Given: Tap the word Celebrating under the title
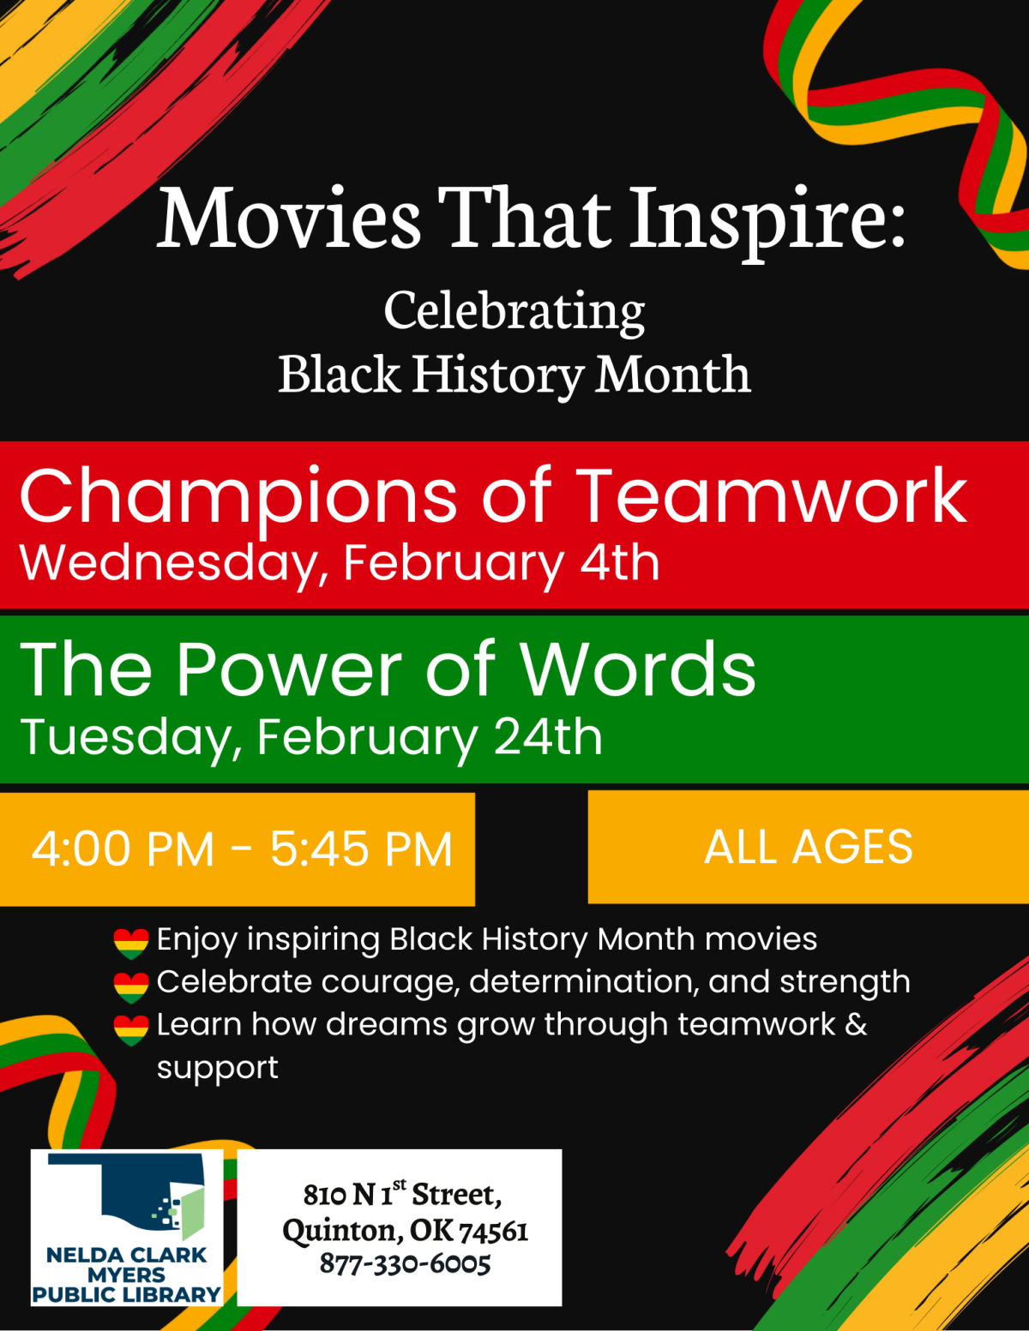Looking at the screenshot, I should (514, 310).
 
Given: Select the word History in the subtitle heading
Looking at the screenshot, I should (497, 375).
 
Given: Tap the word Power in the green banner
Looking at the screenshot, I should (289, 669).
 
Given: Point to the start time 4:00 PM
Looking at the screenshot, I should (123, 849).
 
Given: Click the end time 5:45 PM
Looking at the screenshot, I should (361, 849).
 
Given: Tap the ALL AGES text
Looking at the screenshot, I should (808, 847).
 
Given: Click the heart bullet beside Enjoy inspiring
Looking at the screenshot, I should (131, 943).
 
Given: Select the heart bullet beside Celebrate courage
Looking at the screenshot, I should (131, 986).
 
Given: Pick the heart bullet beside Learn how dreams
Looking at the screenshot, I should (131, 1029).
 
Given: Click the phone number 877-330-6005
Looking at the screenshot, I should (405, 1263).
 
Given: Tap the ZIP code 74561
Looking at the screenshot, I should (493, 1231).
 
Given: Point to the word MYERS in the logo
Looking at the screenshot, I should (126, 1274).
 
